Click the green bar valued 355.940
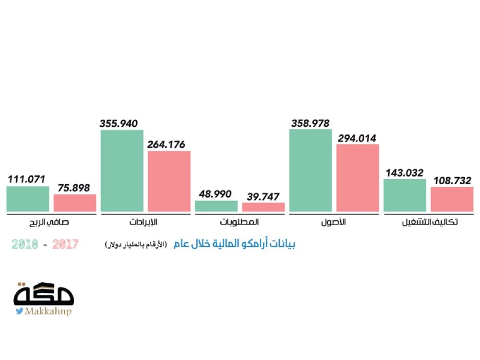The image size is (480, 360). coord(122,170)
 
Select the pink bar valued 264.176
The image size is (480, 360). coord(169,181)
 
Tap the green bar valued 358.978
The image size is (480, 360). coord(311,170)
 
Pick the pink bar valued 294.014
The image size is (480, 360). coord(358,178)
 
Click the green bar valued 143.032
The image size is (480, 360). coord(405,195)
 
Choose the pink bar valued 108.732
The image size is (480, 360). coord(452,199)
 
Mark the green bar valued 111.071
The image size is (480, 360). coord(28,199)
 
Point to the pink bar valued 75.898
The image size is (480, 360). coord(75,203)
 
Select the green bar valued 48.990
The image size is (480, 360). coord(216,206)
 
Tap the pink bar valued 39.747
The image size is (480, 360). coord(263,207)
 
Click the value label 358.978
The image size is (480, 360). coord(311,123)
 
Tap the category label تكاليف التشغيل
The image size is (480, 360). coord(428,223)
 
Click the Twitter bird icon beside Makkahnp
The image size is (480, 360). coord(19,311)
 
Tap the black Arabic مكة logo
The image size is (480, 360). coord(44,294)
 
